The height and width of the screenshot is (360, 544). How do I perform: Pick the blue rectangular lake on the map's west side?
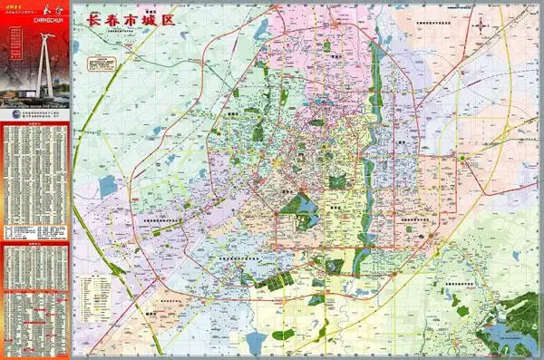click(x=108, y=187)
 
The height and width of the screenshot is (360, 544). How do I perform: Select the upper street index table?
click(x=36, y=181)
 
